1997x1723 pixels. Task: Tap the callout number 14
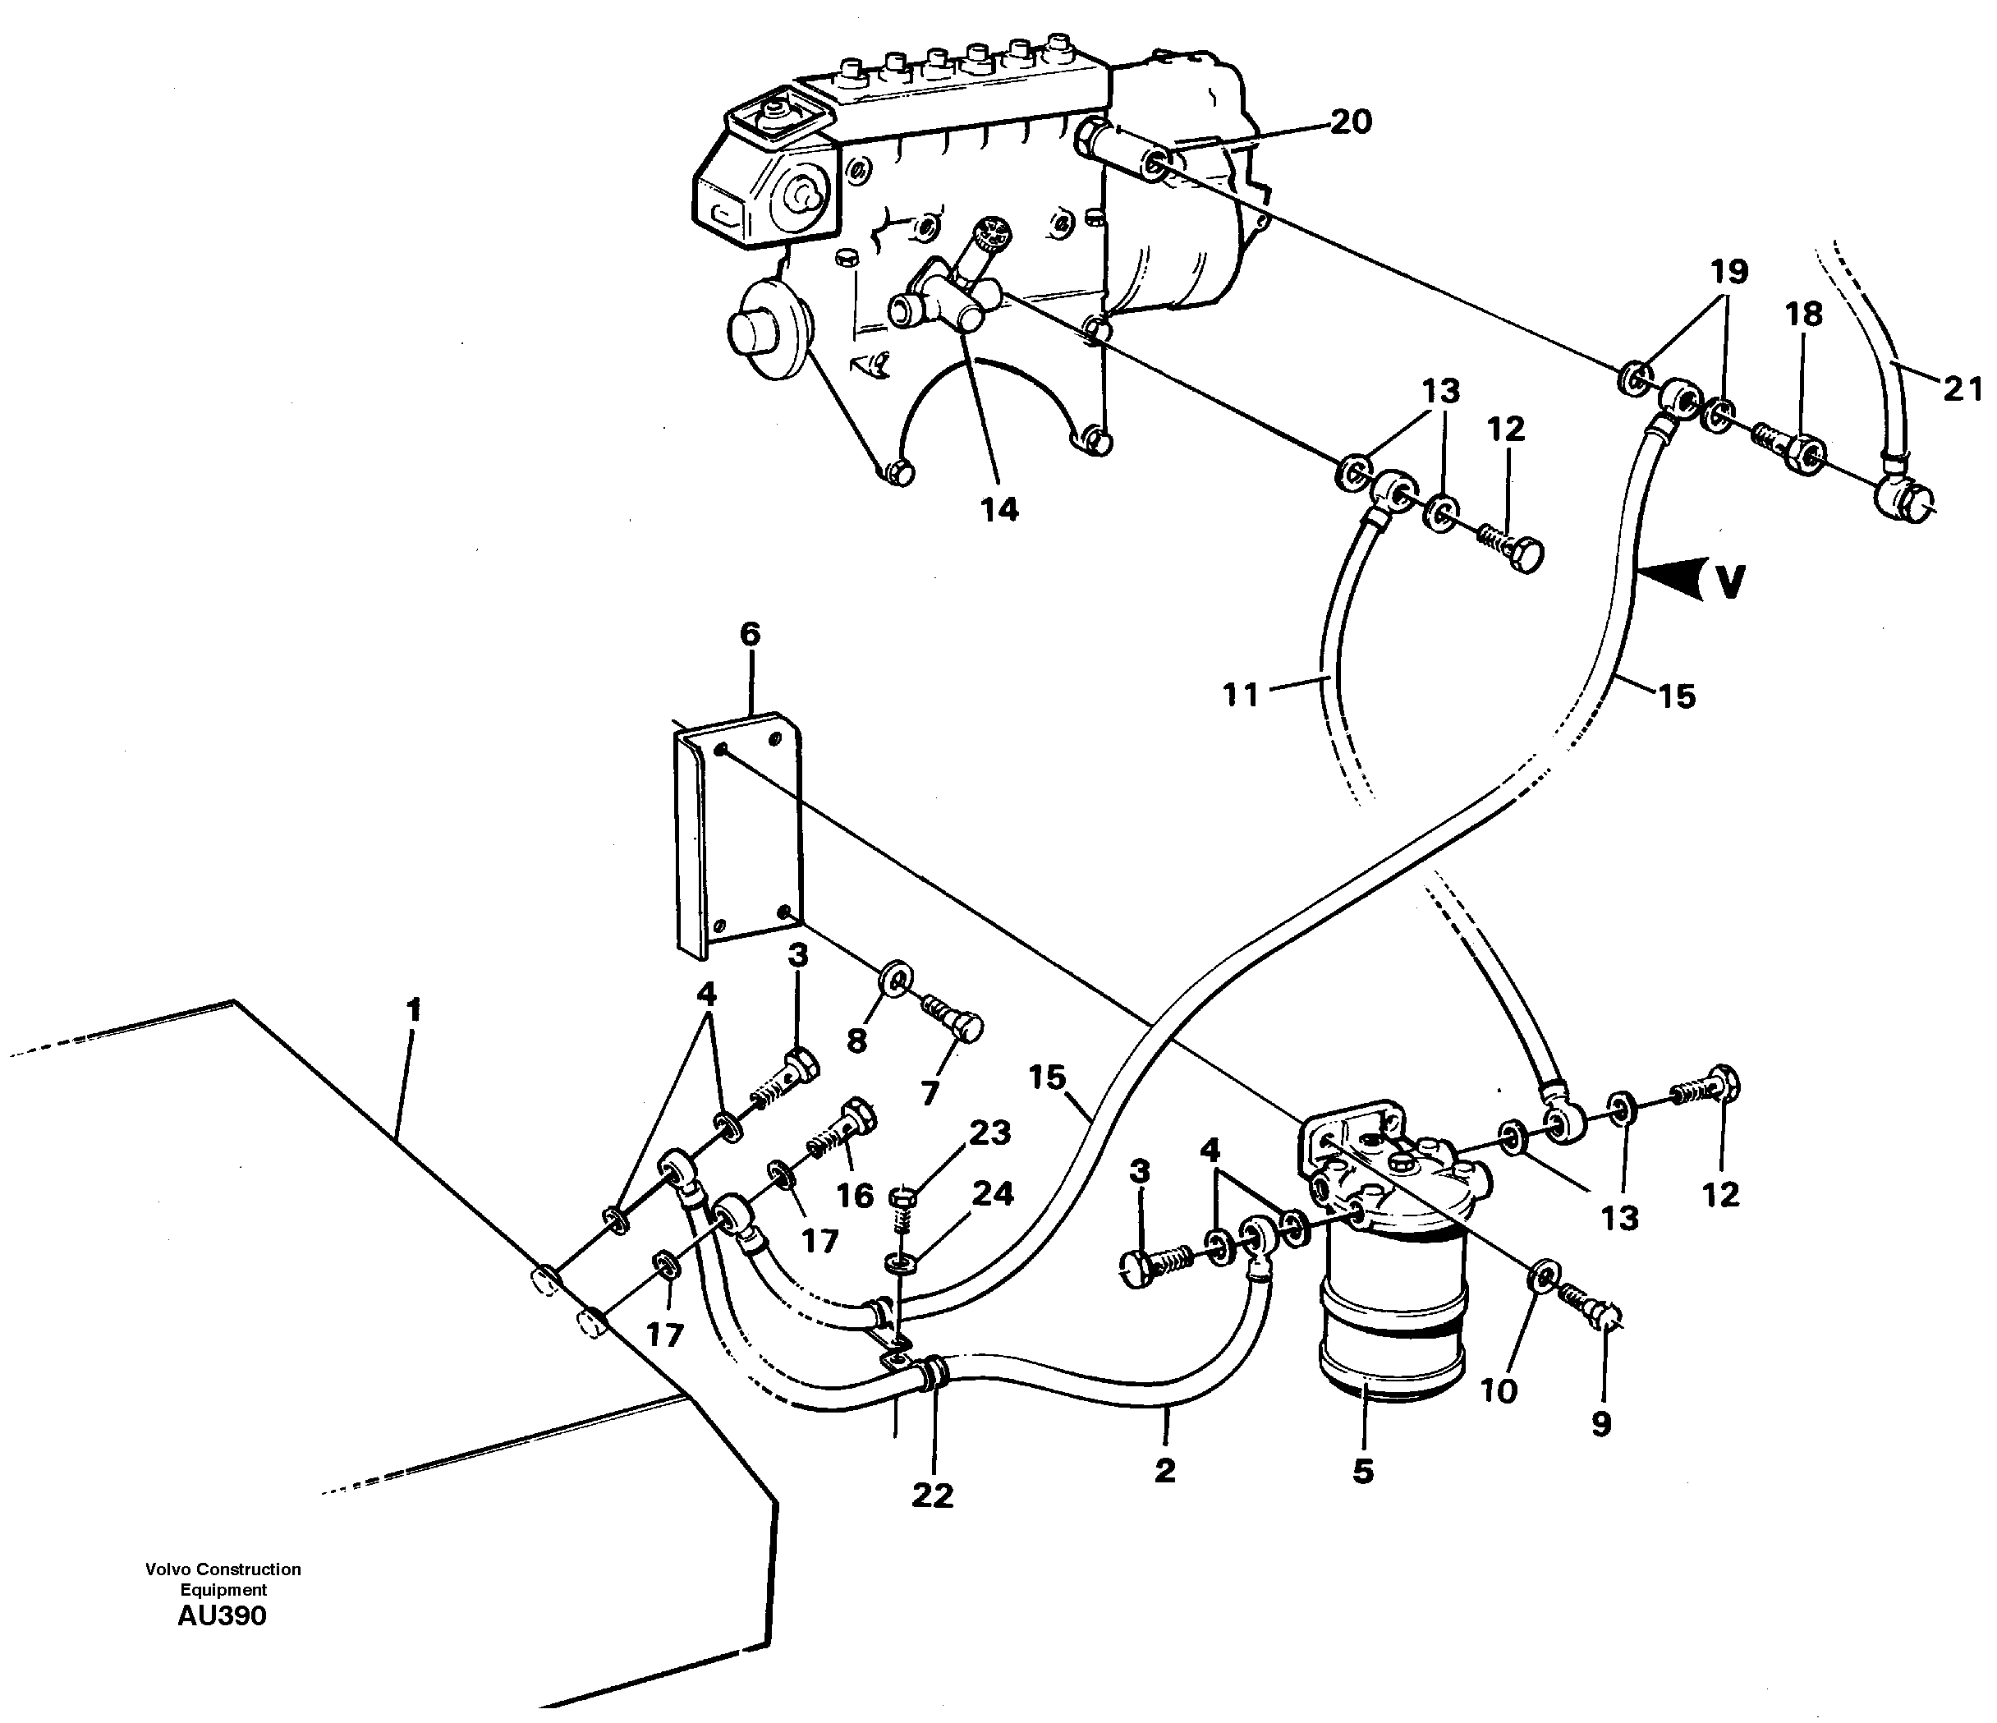pos(999,510)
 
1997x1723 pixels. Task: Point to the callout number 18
pos(1804,315)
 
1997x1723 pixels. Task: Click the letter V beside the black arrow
pos(1732,581)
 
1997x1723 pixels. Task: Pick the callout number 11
pos(1241,694)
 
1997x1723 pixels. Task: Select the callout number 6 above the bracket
pos(750,635)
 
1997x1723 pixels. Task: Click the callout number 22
pos(932,1496)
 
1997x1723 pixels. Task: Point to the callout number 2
pos(1164,1470)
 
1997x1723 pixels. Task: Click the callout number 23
pos(989,1133)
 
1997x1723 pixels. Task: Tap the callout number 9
pos(1601,1424)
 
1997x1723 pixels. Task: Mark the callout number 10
pos(1499,1390)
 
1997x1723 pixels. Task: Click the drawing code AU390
pos(222,1616)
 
